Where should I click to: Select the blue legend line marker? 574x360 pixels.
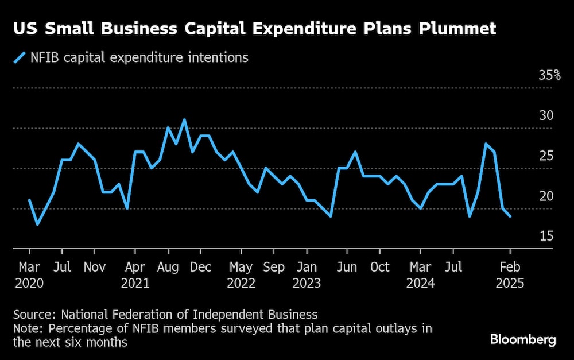tap(20, 57)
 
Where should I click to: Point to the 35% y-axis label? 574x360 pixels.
tap(549, 75)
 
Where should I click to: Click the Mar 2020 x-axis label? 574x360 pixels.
tap(29, 275)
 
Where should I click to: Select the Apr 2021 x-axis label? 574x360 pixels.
tap(135, 275)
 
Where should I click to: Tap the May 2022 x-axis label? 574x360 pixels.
tap(241, 275)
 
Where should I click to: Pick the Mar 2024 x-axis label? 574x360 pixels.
tap(420, 275)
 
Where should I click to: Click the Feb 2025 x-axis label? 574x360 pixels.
tap(510, 275)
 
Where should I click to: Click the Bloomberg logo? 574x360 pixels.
tap(523, 339)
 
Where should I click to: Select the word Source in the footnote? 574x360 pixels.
tap(34, 314)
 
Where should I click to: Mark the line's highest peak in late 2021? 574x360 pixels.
tap(184, 120)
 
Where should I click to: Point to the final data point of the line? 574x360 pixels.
tap(510, 216)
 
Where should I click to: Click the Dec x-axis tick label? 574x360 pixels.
tap(201, 267)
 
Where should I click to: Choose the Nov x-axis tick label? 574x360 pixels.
tap(94, 267)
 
